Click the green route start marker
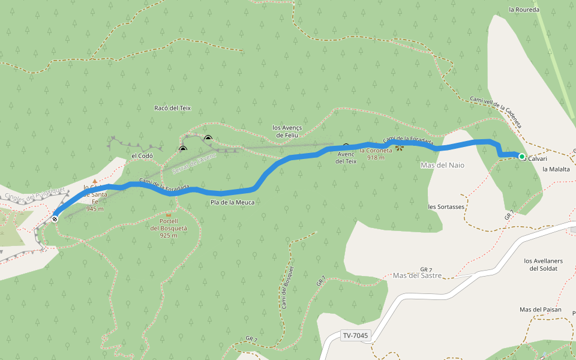[522, 157]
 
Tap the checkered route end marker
[55, 219]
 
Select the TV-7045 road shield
[356, 336]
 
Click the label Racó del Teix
[172, 108]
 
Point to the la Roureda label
[524, 10]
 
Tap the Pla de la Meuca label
[232, 202]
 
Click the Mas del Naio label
[443, 165]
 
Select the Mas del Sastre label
[417, 275]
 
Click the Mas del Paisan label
[540, 310]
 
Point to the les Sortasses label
[446, 206]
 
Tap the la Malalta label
[556, 170]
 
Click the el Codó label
[142, 156]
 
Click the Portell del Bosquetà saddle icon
[168, 214]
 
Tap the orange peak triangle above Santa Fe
[94, 180]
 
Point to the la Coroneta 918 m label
[376, 154]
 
